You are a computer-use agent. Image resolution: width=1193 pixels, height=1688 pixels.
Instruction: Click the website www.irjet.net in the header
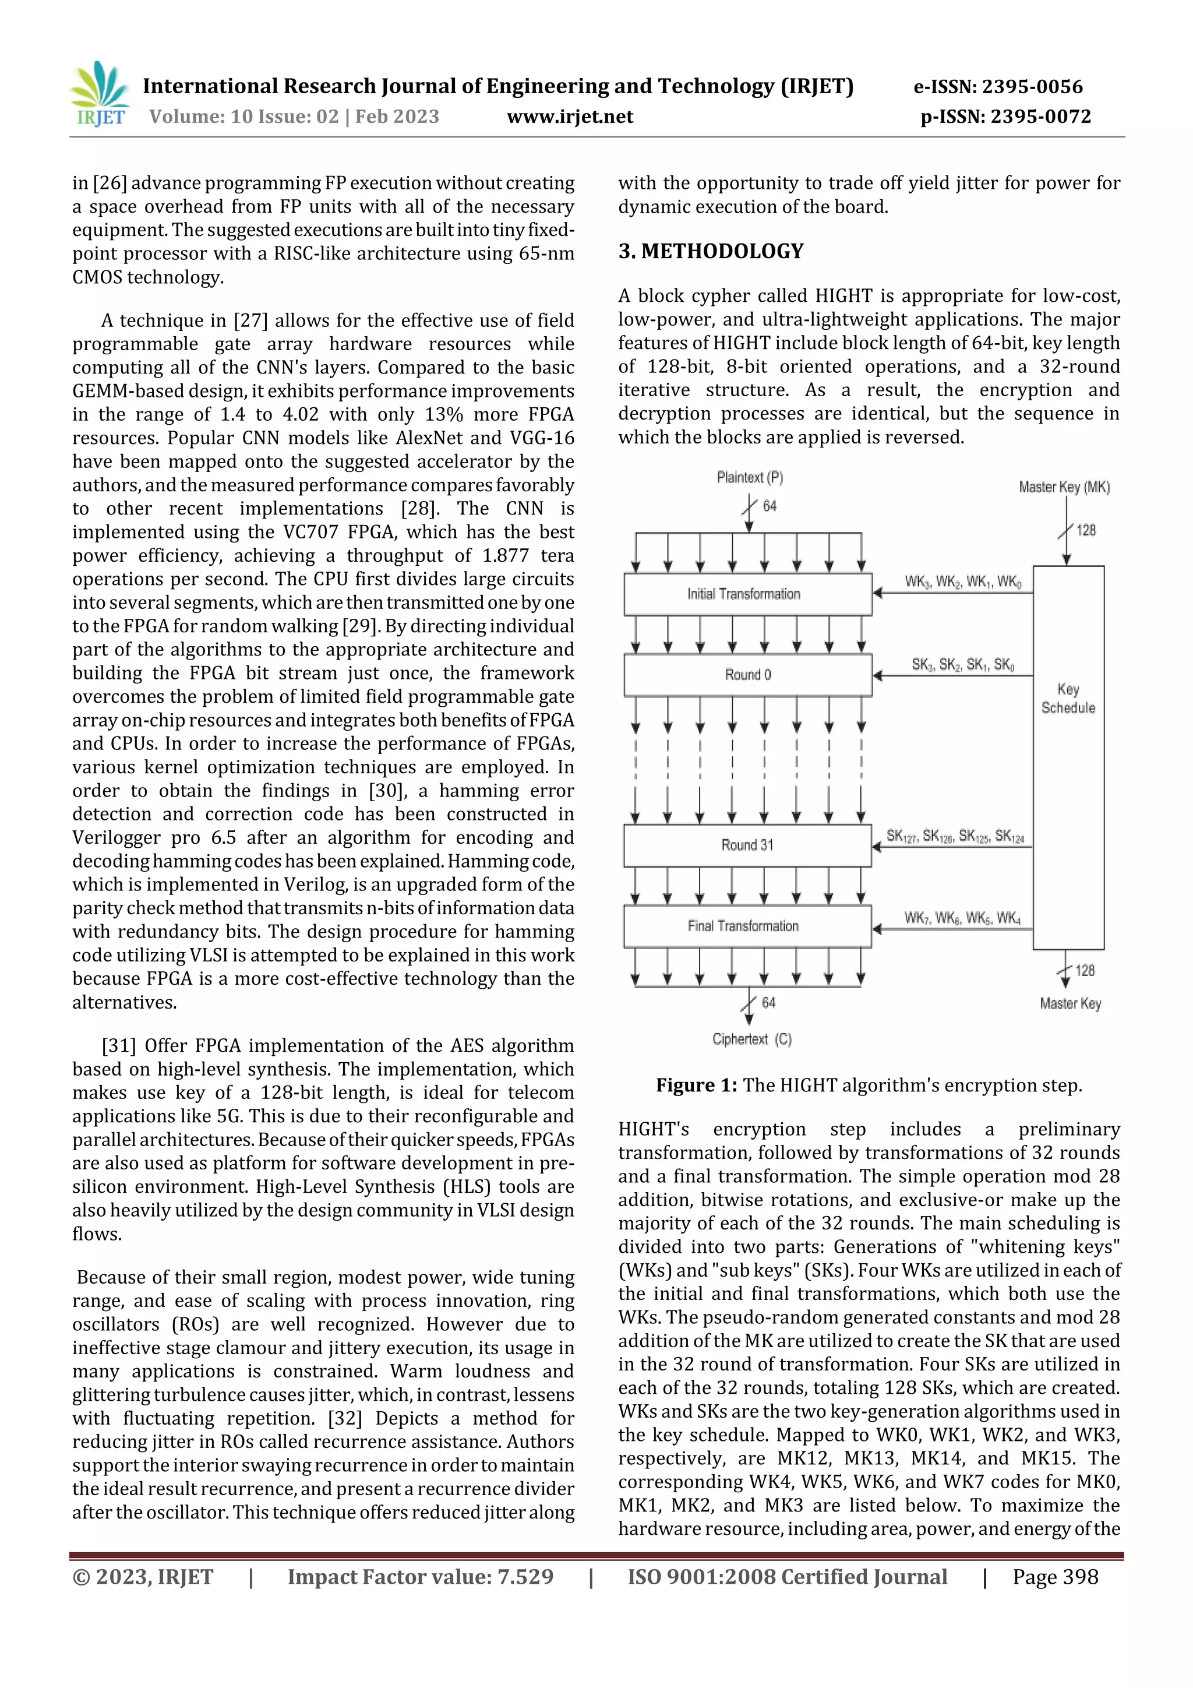click(x=570, y=117)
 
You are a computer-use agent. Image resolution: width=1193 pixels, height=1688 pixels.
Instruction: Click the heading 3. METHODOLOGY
click(x=711, y=252)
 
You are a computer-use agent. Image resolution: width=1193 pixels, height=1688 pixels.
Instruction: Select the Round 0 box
click(x=747, y=675)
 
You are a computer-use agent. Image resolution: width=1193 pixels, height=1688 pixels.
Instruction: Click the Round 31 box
click(x=747, y=845)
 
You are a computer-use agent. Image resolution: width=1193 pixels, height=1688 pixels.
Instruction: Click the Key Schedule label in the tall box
click(x=1068, y=699)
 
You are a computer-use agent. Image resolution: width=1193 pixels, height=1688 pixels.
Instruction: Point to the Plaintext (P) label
click(x=750, y=478)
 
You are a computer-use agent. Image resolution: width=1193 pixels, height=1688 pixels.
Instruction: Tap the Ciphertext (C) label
click(x=751, y=1039)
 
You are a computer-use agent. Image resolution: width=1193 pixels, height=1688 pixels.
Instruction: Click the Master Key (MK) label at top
click(x=1064, y=488)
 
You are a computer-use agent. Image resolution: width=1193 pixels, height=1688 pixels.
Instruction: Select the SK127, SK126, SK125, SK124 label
click(x=954, y=837)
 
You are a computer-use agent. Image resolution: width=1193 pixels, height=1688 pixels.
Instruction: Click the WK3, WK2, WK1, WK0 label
click(x=962, y=582)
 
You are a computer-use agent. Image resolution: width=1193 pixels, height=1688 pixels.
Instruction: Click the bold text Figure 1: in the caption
click(x=696, y=1086)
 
